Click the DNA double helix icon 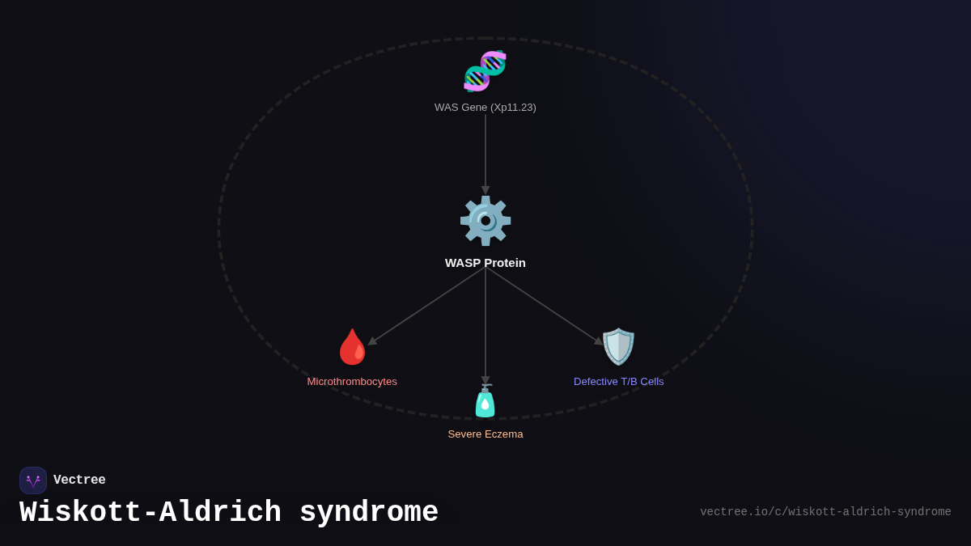click(485, 71)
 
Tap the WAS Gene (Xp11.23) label click(485, 108)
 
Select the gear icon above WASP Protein click(485, 221)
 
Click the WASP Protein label click(485, 263)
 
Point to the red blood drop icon click(352, 347)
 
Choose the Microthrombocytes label click(352, 382)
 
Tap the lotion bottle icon click(485, 401)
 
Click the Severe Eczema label click(485, 434)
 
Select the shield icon click(618, 347)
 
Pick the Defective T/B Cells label click(619, 382)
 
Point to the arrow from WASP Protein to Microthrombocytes click(426, 306)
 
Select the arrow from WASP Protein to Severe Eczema click(485, 324)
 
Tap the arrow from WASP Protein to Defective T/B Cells click(544, 306)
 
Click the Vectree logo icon click(33, 480)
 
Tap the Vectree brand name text click(79, 480)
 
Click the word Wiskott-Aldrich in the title click(151, 513)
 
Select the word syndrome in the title click(369, 513)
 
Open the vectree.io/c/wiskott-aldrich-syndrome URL click(825, 512)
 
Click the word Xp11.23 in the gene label click(513, 108)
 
